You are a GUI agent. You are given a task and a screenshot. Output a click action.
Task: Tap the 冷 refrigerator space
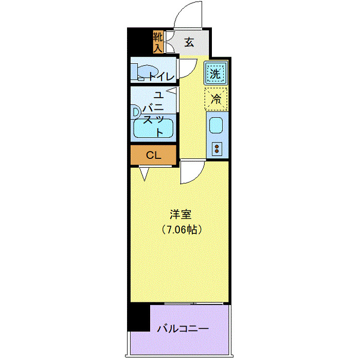[x=217, y=99]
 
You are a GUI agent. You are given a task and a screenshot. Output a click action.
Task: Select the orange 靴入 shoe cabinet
[x=158, y=42]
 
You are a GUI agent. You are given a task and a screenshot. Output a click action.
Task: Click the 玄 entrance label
[x=189, y=42]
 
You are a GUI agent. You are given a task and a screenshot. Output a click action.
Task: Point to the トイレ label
[x=161, y=77]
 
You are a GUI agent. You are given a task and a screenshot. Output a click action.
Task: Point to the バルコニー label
[x=183, y=328]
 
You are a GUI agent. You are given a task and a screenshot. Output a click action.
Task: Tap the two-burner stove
[x=217, y=149]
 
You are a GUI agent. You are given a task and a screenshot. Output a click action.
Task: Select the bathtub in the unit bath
[x=151, y=128]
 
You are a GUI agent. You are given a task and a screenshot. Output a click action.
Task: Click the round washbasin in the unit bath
[x=136, y=111]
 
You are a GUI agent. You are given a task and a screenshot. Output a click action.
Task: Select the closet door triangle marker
[x=144, y=174]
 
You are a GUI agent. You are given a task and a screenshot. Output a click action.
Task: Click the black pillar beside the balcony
[x=138, y=317]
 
